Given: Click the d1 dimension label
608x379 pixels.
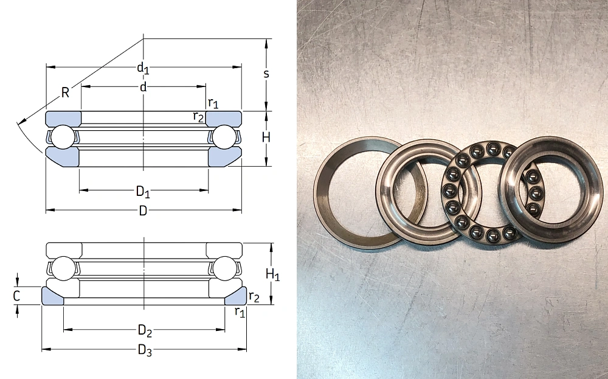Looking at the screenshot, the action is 143,68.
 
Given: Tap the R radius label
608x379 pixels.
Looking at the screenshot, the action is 65,92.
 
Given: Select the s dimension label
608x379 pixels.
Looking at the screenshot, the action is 266,74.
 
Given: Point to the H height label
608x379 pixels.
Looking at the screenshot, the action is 266,137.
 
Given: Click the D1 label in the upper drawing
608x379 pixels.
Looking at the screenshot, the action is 143,191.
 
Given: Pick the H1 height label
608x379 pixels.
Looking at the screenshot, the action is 272,274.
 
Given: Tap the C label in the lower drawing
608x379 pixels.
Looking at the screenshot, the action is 16,296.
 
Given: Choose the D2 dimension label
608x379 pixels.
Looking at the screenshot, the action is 145,330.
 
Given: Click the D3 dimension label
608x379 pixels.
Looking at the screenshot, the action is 145,350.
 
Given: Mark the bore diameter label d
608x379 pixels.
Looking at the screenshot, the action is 143,87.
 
